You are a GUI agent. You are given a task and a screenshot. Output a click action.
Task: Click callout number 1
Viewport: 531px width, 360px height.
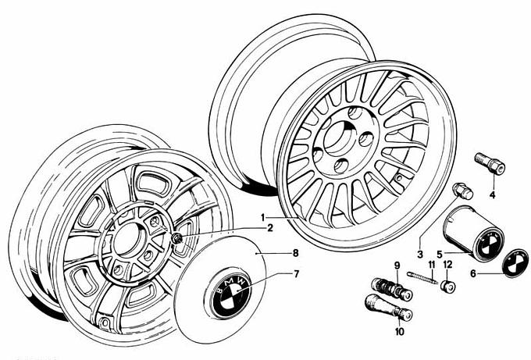point(264,216)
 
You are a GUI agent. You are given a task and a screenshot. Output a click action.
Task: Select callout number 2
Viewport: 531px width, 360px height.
point(269,228)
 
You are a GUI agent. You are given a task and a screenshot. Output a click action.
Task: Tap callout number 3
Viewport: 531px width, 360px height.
point(419,254)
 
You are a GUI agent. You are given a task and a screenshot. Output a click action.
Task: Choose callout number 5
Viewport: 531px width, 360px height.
point(440,254)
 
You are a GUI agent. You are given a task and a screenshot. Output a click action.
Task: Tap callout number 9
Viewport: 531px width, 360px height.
point(397,266)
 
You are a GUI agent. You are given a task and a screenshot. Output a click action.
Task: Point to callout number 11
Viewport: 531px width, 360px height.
point(431,266)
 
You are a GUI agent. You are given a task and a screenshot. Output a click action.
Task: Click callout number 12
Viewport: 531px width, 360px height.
point(447,266)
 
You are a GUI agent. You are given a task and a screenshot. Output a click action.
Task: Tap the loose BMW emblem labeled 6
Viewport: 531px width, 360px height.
point(514,264)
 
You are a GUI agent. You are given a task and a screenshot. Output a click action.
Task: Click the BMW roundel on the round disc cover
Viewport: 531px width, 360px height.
point(230,297)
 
